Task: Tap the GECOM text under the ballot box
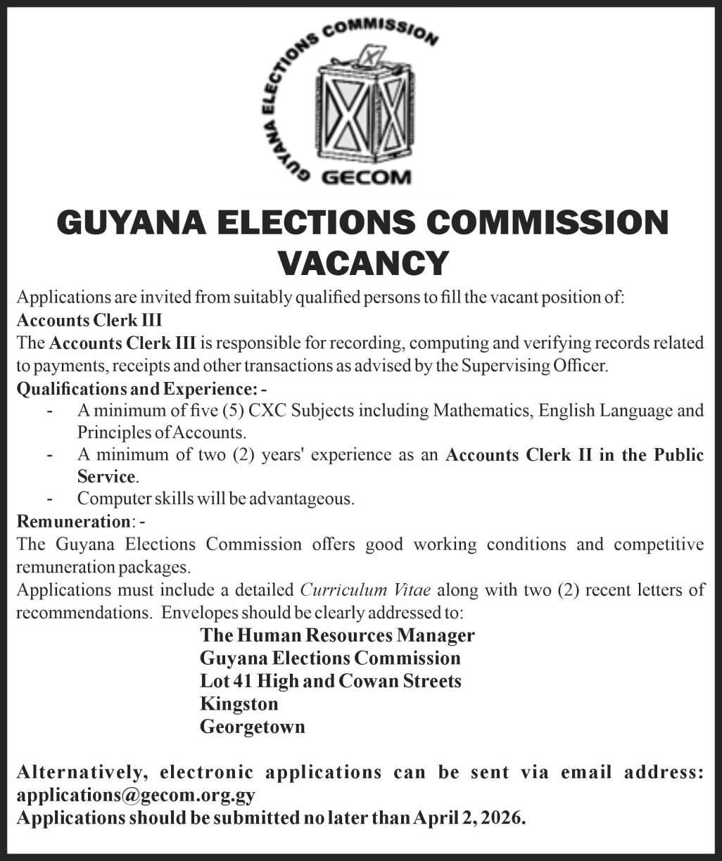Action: tap(366, 177)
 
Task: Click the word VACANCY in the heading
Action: tap(364, 262)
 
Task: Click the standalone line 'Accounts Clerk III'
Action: tap(89, 320)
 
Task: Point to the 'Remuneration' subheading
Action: tap(72, 521)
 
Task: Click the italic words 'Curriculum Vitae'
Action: tap(365, 589)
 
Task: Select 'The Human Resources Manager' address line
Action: tap(337, 635)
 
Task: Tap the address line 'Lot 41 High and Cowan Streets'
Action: tap(331, 680)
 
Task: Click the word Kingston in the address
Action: tap(239, 703)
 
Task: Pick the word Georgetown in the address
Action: tap(253, 726)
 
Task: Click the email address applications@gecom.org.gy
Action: tap(135, 796)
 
